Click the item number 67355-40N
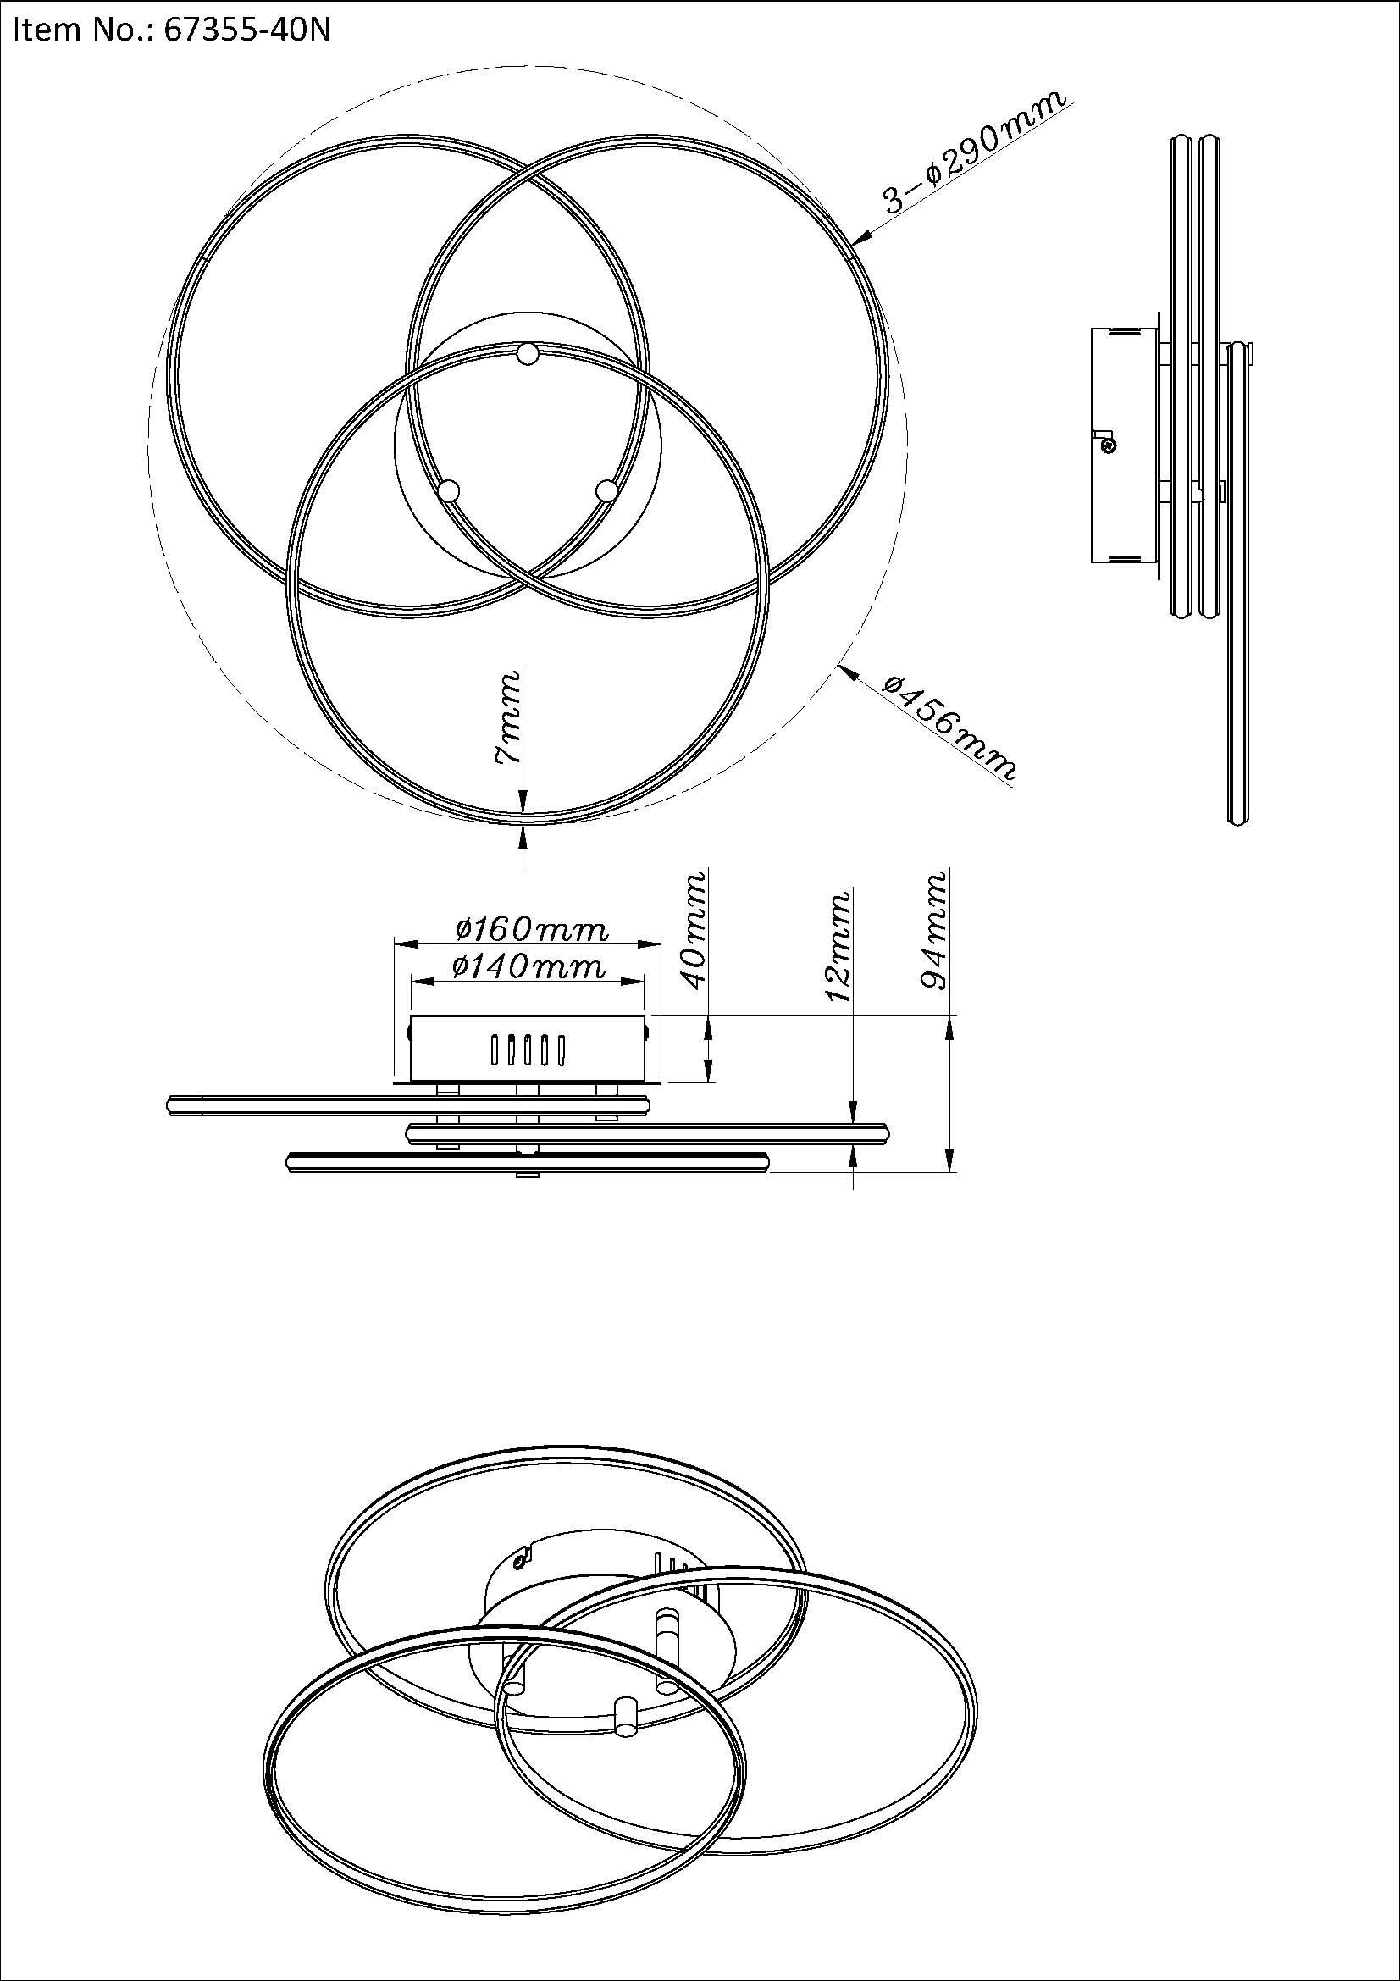[x=246, y=31]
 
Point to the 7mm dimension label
[x=508, y=718]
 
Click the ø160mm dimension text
[x=531, y=929]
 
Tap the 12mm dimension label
[x=839, y=946]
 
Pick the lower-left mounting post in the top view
[x=448, y=491]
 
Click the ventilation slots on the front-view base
[x=526, y=1050]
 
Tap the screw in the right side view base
[x=1110, y=445]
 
